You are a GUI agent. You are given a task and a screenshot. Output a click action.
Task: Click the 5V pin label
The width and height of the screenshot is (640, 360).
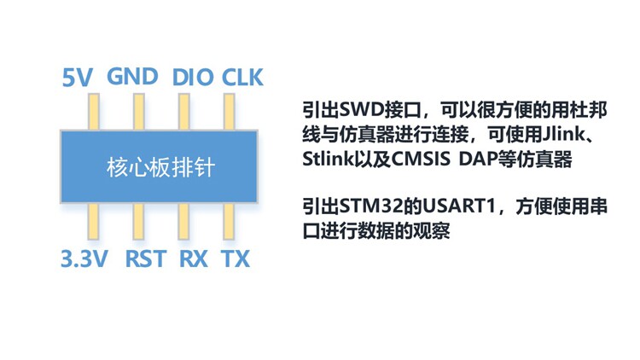pos(78,78)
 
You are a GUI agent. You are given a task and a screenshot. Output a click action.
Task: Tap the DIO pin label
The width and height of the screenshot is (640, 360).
pos(193,77)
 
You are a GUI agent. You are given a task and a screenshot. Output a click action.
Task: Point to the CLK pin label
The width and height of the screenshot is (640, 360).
pos(243,77)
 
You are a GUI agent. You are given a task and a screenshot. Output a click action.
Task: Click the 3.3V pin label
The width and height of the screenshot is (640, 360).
pos(84,259)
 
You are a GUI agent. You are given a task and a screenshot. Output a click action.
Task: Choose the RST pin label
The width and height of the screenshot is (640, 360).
pos(145,259)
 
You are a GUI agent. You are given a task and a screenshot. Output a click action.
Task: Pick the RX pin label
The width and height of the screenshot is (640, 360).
pos(194,259)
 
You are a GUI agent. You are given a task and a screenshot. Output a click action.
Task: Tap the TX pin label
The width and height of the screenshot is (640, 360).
pos(236,259)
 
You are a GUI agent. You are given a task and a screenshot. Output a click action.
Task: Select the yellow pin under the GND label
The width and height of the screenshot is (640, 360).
pos(137,111)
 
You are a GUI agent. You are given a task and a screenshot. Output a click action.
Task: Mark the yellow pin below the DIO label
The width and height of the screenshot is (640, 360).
pos(183,111)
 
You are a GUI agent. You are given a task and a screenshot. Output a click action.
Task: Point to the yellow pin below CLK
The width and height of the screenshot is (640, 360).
pos(229,111)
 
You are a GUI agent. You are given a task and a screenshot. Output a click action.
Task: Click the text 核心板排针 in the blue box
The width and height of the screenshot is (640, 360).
pos(160,167)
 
